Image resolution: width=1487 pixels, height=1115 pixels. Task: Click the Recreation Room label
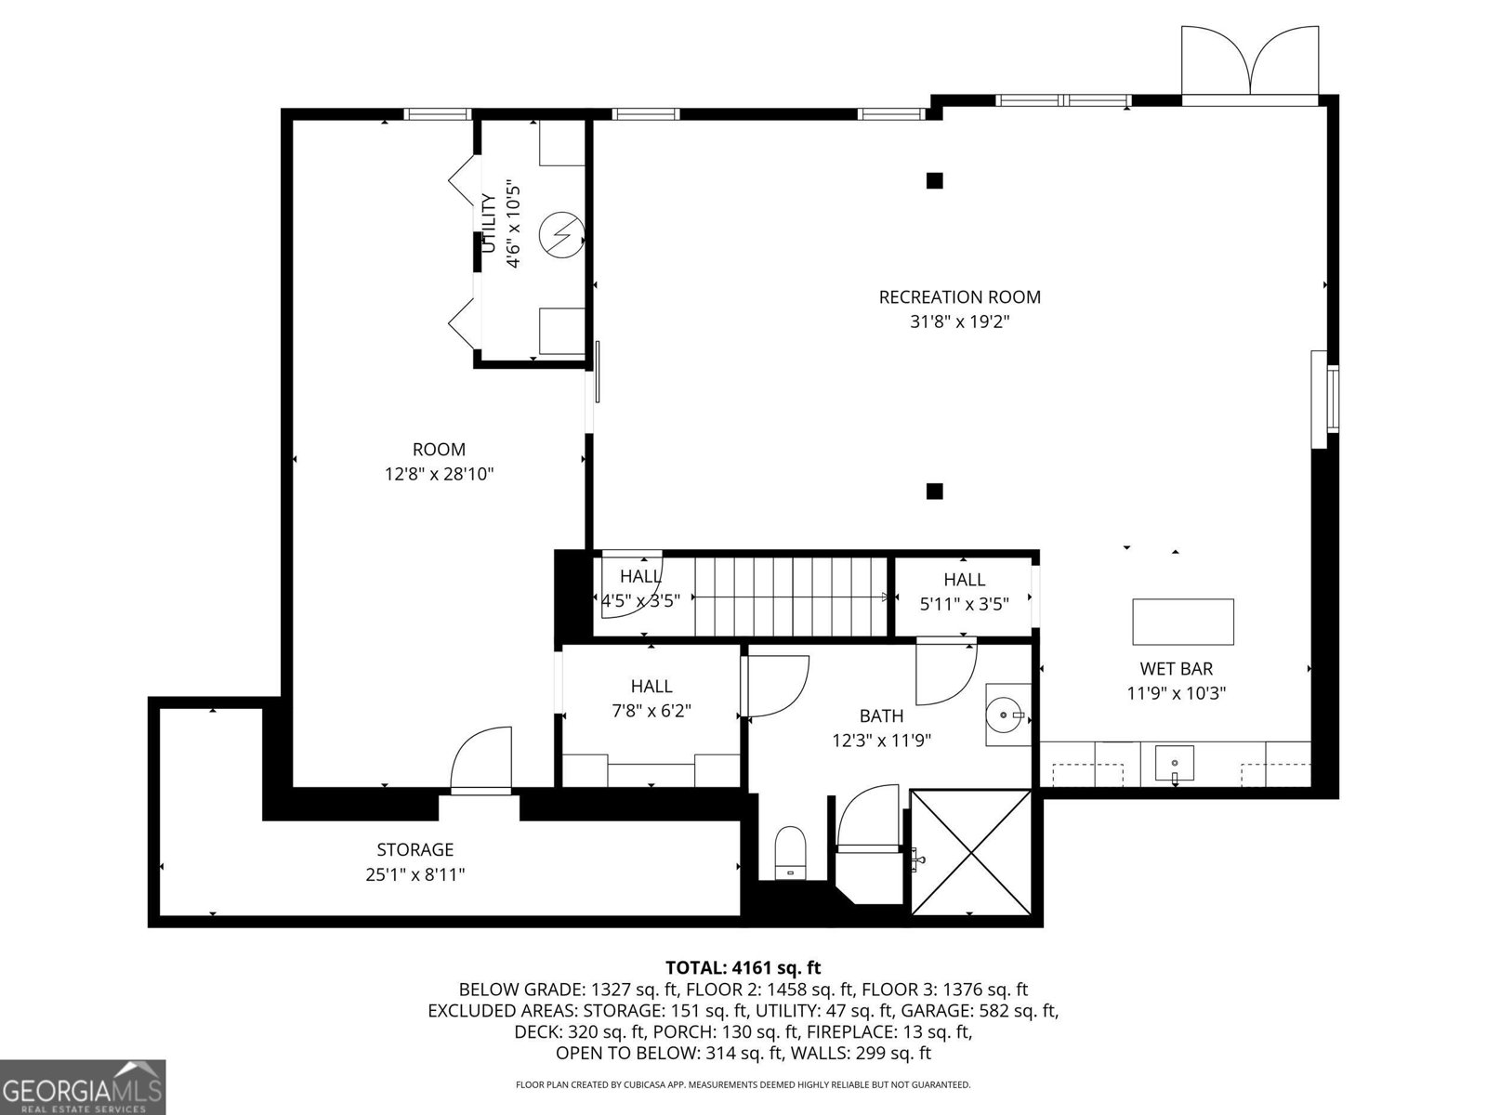[x=959, y=297]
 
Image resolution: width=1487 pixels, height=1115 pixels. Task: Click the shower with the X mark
[x=970, y=852]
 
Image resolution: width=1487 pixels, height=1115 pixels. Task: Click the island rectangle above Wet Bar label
[x=1183, y=622]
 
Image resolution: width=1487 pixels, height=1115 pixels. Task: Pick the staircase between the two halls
[x=790, y=596]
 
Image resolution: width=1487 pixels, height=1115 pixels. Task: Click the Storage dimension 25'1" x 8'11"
[x=415, y=874]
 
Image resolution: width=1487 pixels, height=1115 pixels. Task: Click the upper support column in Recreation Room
[x=935, y=180]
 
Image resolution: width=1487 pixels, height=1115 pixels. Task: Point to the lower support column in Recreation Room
[x=935, y=491]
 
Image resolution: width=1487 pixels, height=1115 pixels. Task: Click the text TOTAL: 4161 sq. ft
[x=743, y=967]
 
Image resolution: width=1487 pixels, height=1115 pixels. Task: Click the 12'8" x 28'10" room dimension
[x=439, y=474]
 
